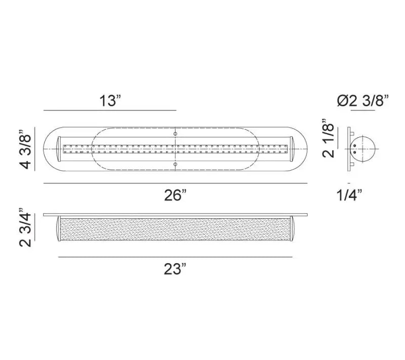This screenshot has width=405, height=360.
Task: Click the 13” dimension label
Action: point(110,101)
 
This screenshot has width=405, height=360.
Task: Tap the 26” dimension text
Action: point(175,195)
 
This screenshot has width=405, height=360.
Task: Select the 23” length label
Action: point(175,269)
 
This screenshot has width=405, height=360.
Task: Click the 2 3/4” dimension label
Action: point(25,227)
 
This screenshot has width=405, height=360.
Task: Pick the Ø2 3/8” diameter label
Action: point(362,101)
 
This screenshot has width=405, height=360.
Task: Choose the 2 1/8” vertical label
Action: point(328,138)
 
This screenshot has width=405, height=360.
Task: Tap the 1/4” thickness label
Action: point(349,195)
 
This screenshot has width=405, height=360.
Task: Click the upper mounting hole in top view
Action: point(175,134)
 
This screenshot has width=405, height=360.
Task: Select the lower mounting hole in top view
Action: point(175,164)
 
